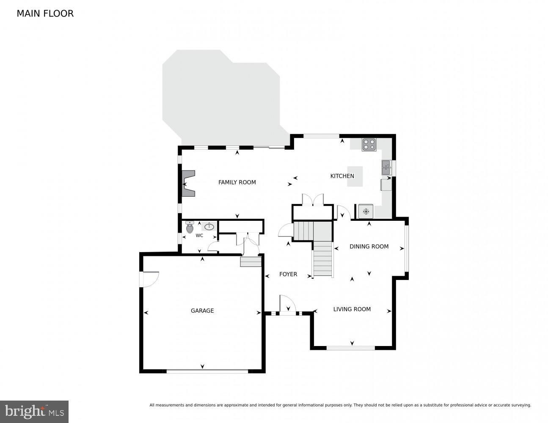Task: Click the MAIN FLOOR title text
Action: point(45,14)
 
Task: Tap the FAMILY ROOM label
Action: point(237,182)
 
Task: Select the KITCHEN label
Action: point(342,176)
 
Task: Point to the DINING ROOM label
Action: point(369,247)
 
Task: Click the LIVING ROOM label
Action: point(352,309)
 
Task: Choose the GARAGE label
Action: point(202,310)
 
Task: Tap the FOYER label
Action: point(288,274)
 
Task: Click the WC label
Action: point(199,236)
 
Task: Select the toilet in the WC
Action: point(190,227)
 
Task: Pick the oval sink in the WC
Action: point(209,227)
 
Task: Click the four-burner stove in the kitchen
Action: point(369,145)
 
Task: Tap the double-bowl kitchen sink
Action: point(386,168)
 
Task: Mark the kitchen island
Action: point(355,176)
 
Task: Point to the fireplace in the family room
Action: point(188,184)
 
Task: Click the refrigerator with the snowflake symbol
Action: point(366,211)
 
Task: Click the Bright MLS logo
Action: point(34,411)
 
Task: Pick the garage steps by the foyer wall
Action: point(251,262)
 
